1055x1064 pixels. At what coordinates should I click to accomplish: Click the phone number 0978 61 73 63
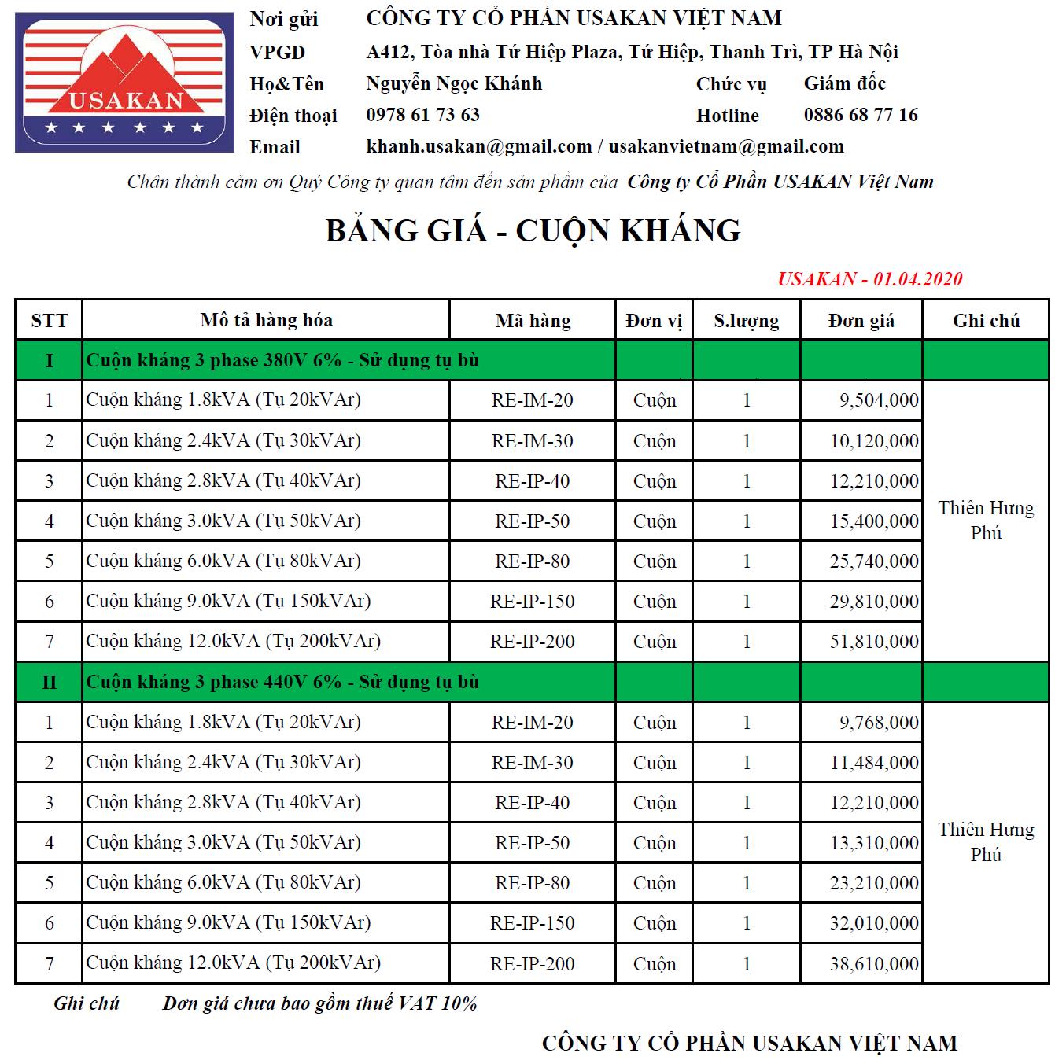pos(422,115)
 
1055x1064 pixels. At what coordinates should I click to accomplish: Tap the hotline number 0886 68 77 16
pos(861,115)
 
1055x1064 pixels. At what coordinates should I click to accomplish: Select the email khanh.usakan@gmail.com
pos(478,146)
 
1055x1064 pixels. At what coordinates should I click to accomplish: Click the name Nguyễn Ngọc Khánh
pos(454,83)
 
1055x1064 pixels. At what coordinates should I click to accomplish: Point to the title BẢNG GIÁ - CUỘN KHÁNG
pos(533,230)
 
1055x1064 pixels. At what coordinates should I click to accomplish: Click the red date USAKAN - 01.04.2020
pos(869,278)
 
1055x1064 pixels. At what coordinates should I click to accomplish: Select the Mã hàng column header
pos(533,321)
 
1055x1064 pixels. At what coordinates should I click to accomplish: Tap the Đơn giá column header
pos(861,321)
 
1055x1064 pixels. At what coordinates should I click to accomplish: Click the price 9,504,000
pos(878,400)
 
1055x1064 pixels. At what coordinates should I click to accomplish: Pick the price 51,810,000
pos(873,642)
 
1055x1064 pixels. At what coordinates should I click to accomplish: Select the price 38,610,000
pos(873,963)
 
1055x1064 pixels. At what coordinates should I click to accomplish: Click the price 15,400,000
pos(873,521)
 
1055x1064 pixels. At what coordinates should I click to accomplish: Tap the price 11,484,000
pos(873,763)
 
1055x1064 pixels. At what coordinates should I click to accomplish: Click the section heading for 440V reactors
pos(282,682)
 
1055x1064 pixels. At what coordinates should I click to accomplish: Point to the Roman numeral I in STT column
pos(49,360)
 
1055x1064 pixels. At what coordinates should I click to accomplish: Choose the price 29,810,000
pos(873,602)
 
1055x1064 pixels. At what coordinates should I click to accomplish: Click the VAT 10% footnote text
pos(319,1003)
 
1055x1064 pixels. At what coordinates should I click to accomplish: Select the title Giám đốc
pos(844,83)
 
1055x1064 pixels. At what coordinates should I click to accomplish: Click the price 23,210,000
pos(873,883)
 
